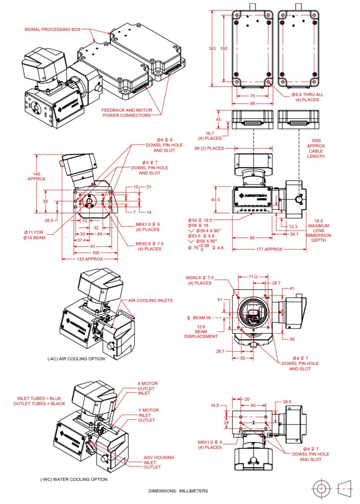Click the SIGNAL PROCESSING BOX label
[52, 29]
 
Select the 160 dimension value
[224, 49]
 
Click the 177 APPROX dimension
[270, 249]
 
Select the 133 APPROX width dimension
[90, 258]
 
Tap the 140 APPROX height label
[36, 175]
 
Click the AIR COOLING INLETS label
[147, 301]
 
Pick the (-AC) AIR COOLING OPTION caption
[76, 359]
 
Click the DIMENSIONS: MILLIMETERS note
[178, 491]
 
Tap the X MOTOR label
[147, 384]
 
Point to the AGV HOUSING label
[157, 458]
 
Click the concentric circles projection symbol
[321, 488]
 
